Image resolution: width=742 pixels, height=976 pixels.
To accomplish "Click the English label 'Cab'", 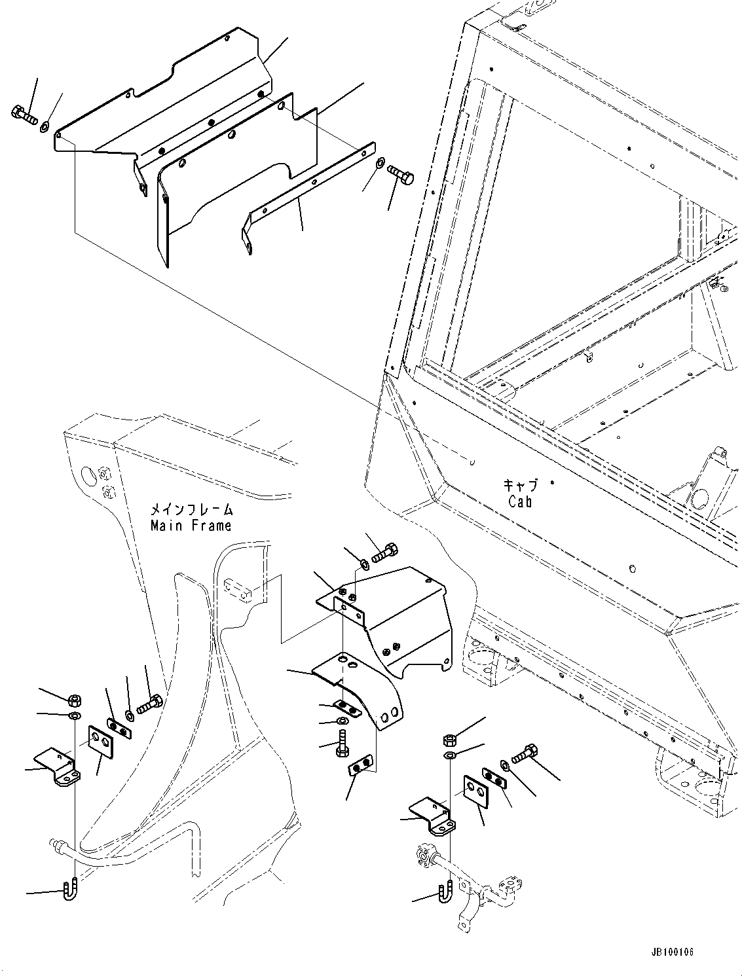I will [520, 501].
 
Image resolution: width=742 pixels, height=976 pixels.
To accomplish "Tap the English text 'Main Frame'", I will [191, 525].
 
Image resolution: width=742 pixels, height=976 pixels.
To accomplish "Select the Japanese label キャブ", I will [521, 485].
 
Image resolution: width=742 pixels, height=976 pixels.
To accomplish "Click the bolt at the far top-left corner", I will [24, 115].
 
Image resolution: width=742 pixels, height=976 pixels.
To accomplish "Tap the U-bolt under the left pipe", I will [68, 891].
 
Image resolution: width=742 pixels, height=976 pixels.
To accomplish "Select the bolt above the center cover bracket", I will [382, 554].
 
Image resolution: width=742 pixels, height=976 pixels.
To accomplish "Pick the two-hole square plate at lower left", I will [102, 739].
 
